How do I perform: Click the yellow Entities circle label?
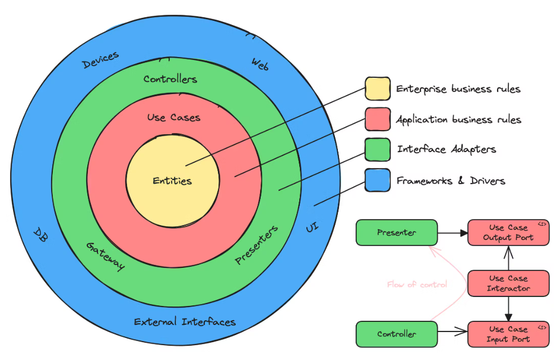pos(172,181)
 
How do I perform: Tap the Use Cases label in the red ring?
pos(173,118)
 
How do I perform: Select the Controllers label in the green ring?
pos(170,79)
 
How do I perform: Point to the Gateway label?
pos(105,256)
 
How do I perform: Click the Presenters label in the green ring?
pos(257,245)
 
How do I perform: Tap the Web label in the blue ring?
pos(260,64)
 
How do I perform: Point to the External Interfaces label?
pos(185,322)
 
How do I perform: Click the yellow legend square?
pos(378,89)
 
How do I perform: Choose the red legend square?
pos(378,119)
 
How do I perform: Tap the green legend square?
pos(378,150)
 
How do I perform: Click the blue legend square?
pos(378,180)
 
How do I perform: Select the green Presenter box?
pos(397,233)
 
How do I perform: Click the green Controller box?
pos(397,334)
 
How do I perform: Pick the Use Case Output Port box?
pos(508,233)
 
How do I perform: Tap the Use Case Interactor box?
pos(508,283)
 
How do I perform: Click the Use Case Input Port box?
pos(508,334)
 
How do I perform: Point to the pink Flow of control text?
pos(417,285)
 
